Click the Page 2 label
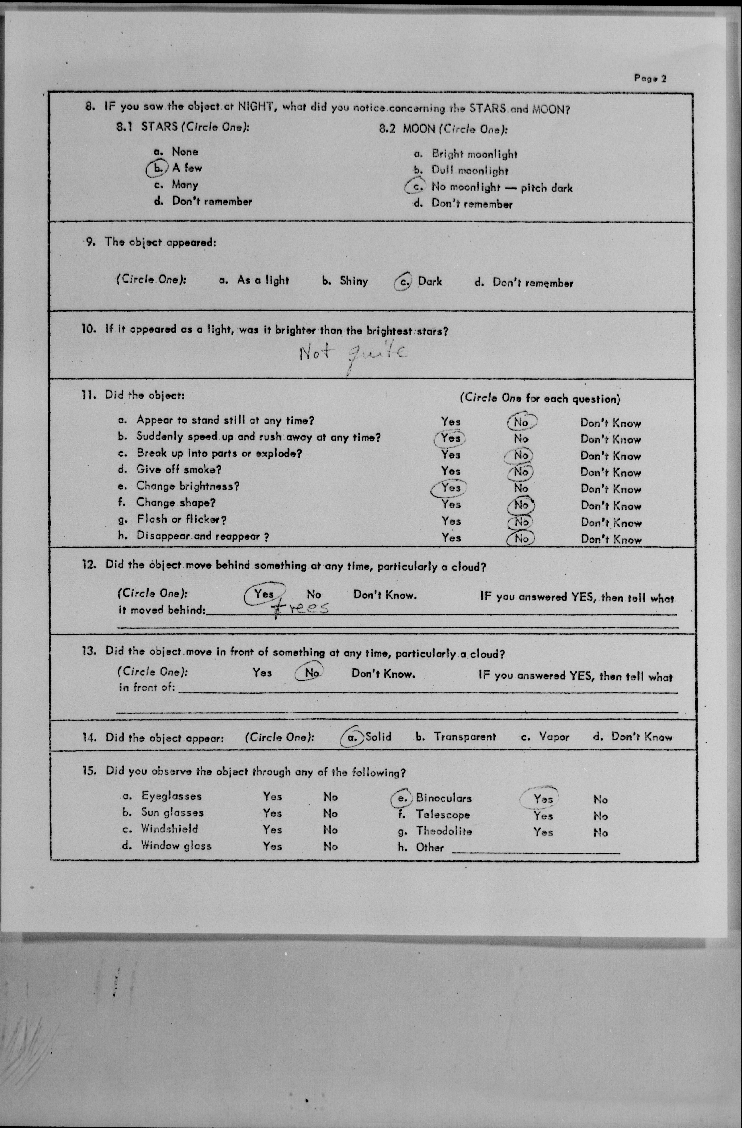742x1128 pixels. point(650,78)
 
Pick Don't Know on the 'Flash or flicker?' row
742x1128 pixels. point(611,523)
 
